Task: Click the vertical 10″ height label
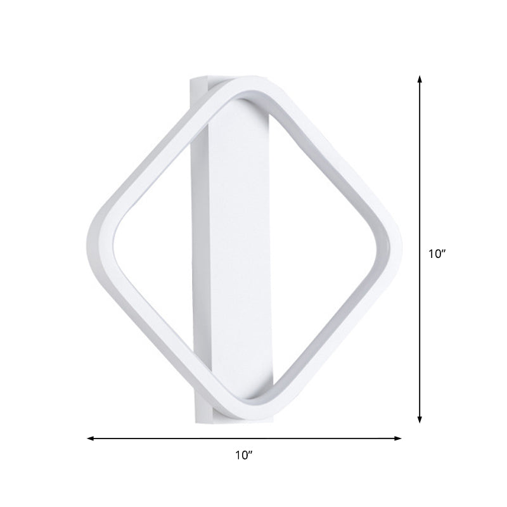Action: (437, 253)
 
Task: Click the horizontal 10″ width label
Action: (243, 454)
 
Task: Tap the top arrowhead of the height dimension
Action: (420, 78)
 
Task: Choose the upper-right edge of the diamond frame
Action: (330, 158)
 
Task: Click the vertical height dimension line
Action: (420, 190)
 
